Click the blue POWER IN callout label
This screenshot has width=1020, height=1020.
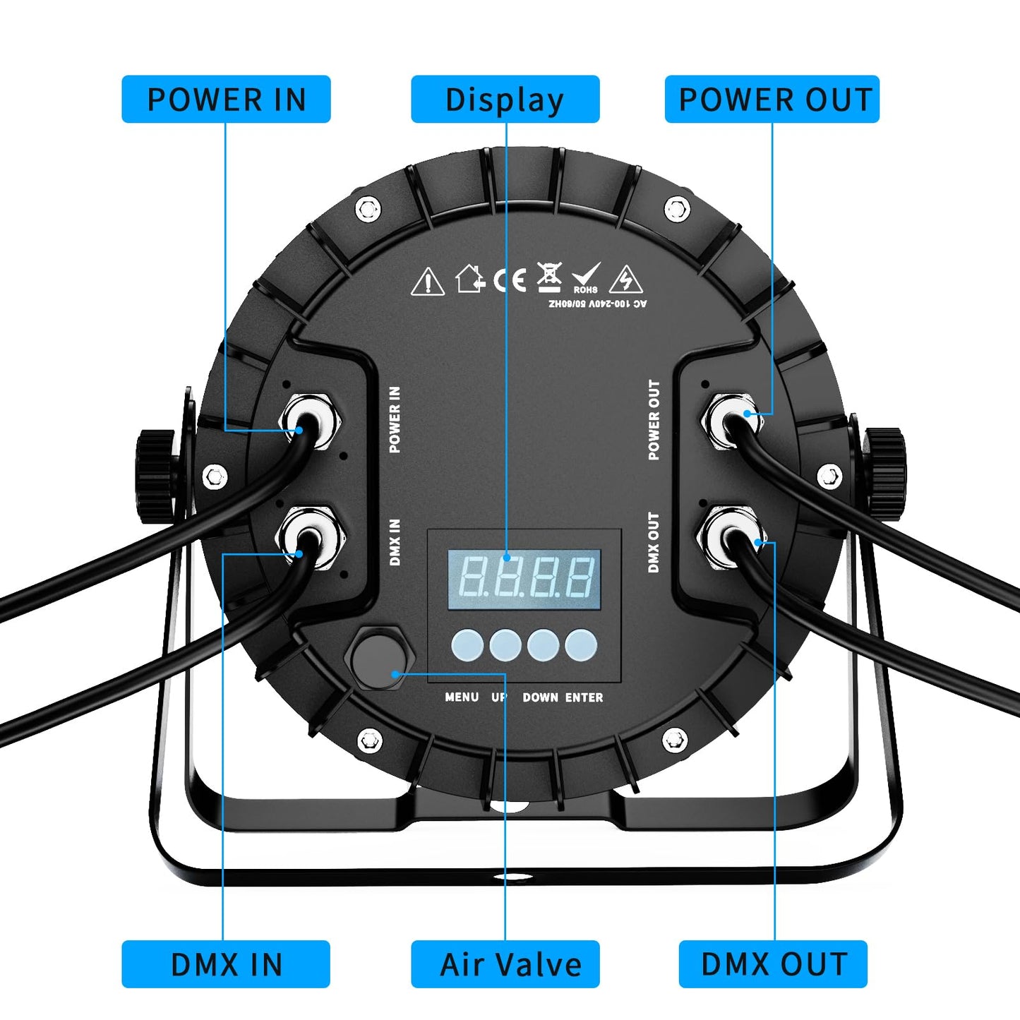pos(226,100)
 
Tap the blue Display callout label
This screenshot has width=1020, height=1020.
pos(505,100)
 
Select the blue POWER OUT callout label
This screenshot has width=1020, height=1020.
pos(772,100)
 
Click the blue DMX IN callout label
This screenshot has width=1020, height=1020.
pos(226,964)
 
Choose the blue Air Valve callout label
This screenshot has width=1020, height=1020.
pos(505,964)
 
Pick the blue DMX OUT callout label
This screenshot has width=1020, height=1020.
pos(773,964)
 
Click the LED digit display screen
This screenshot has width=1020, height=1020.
pos(524,579)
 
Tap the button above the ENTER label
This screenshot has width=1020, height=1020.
pos(581,645)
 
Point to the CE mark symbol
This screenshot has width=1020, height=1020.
pos(510,280)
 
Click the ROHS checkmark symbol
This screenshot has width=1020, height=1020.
pos(586,278)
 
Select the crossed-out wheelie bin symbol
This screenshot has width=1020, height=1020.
pos(549,277)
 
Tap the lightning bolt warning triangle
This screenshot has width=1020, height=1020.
pos(625,280)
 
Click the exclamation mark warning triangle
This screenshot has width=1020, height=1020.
pos(427,282)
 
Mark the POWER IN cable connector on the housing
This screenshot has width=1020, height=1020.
pos(309,421)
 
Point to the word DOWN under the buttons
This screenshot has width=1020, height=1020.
pos(540,697)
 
